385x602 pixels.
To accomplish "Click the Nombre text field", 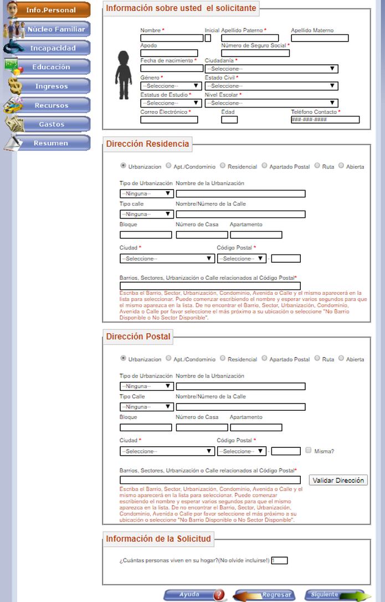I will (172, 38).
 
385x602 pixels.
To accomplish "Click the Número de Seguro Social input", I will (255, 53).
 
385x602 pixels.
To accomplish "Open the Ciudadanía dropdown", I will (271, 69).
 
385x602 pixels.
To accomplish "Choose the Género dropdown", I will (171, 86).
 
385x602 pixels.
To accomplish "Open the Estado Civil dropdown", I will (271, 86).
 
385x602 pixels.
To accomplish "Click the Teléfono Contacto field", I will (325, 120).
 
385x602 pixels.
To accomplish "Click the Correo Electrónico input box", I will (169, 120).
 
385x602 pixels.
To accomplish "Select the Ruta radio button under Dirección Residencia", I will (317, 165).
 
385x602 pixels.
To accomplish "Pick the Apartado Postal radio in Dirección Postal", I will (265, 358).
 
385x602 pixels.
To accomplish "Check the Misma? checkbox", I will (309, 450).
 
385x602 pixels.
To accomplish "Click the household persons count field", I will (279, 560).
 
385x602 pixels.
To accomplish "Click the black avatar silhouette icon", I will (124, 74).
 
